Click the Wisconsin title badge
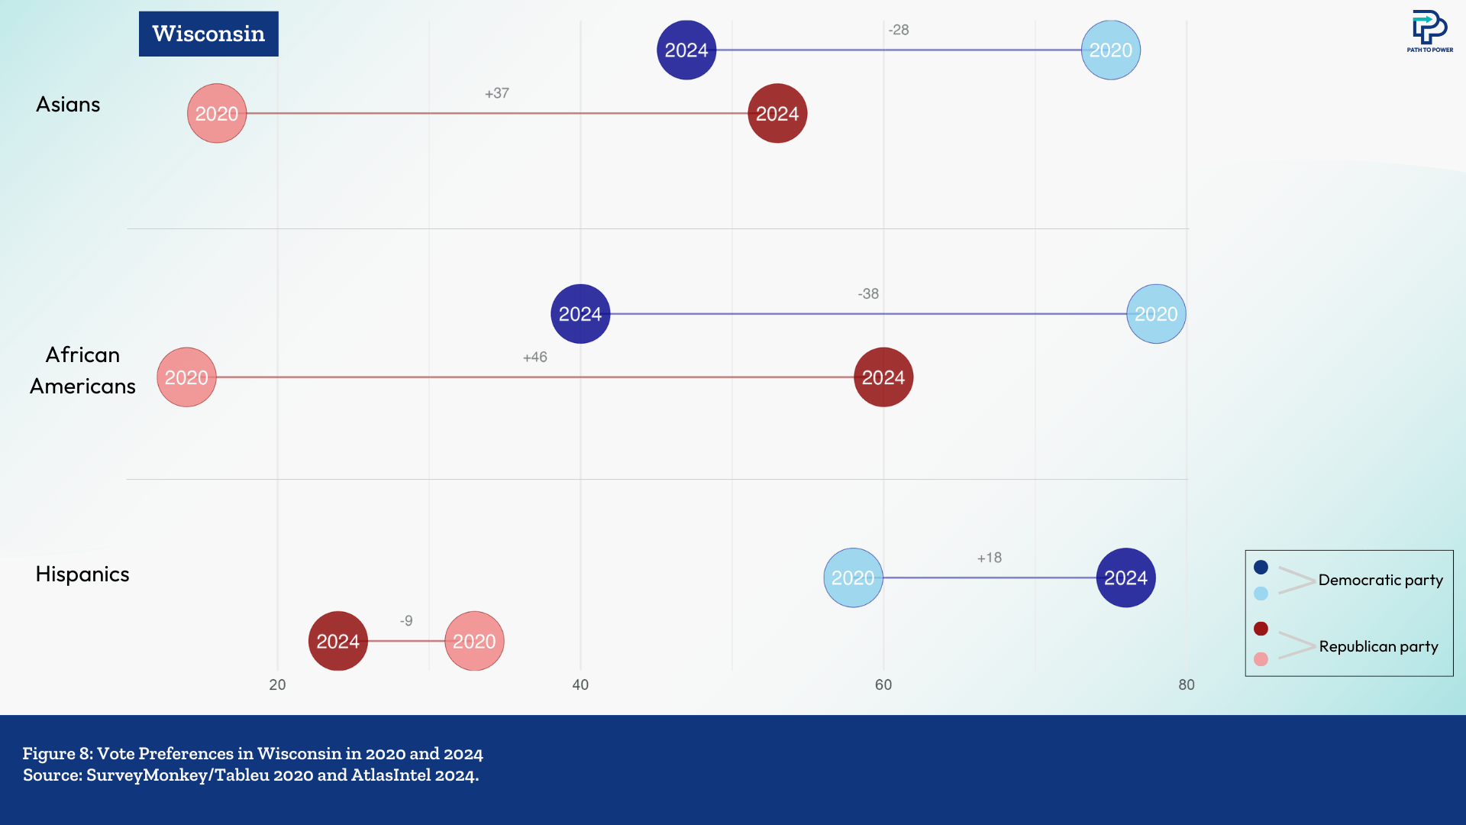click(x=208, y=34)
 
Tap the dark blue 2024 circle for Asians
click(x=686, y=50)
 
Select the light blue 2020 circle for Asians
click(x=1110, y=50)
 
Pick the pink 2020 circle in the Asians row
click(x=217, y=114)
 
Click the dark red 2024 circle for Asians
click(x=777, y=114)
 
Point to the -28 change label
click(x=898, y=30)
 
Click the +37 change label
click(x=496, y=93)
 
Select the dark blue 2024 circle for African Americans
click(x=580, y=314)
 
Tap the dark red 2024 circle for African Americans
click(x=883, y=377)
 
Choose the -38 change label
click(x=868, y=294)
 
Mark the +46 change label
click(x=534, y=357)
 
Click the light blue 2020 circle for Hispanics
click(x=853, y=578)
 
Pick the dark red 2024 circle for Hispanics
click(x=338, y=642)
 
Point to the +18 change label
click(x=989, y=558)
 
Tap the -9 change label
click(x=406, y=621)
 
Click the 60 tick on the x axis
click(x=883, y=685)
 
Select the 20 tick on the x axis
click(x=277, y=685)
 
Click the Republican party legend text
click(x=1378, y=647)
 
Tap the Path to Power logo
click(x=1429, y=31)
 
